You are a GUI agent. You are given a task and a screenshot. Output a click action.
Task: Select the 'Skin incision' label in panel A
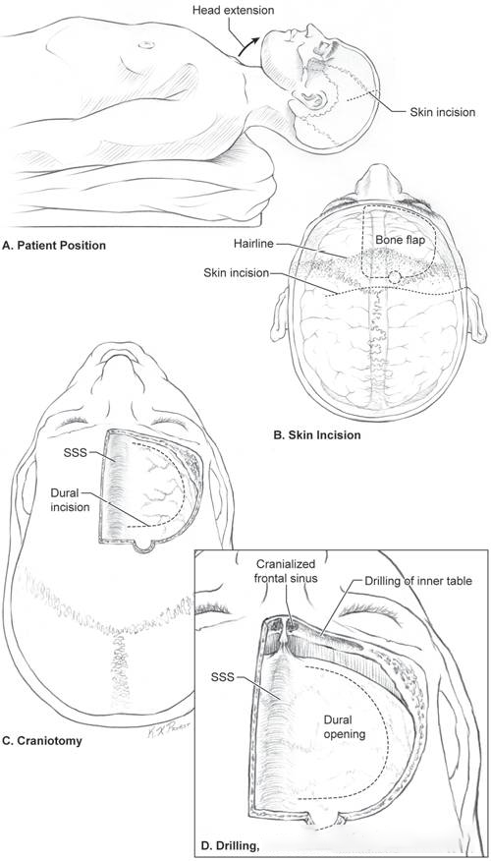(x=442, y=112)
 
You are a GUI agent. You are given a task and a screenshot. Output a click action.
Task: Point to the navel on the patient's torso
(x=145, y=44)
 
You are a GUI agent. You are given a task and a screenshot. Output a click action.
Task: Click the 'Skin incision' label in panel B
(x=236, y=273)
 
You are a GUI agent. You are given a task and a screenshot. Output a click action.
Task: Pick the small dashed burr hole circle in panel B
(x=394, y=277)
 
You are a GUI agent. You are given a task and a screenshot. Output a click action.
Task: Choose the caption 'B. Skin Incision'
(x=317, y=435)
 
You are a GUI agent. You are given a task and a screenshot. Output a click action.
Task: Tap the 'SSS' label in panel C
(x=76, y=453)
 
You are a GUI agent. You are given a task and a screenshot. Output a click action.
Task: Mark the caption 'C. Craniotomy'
(x=42, y=741)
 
